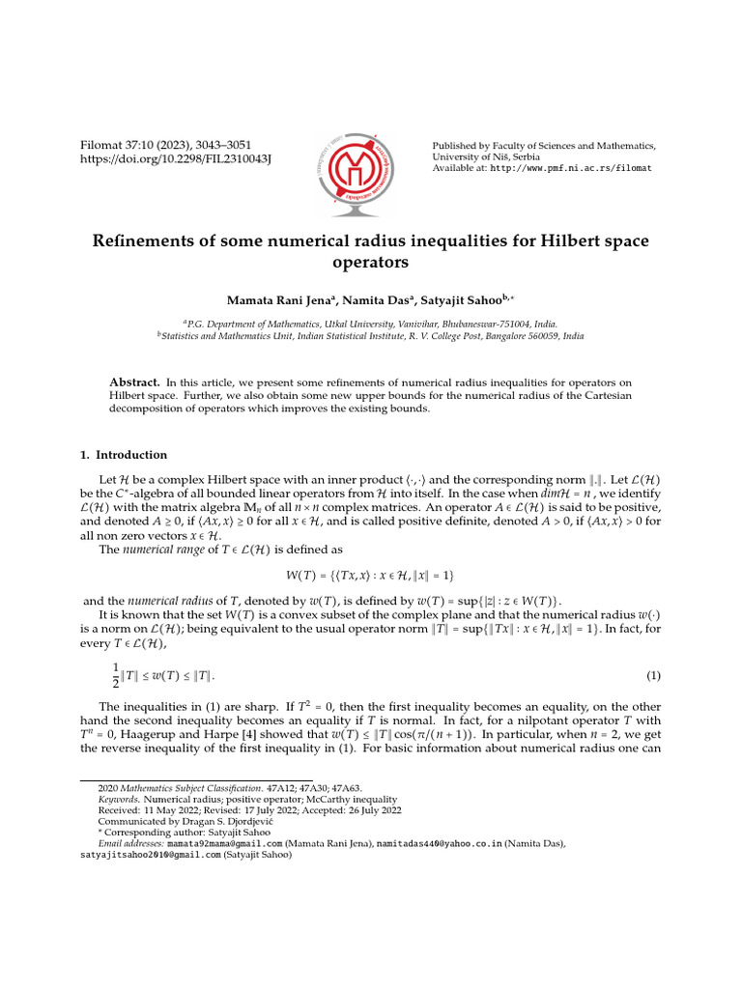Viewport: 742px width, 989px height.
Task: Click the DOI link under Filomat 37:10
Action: [x=175, y=159]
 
